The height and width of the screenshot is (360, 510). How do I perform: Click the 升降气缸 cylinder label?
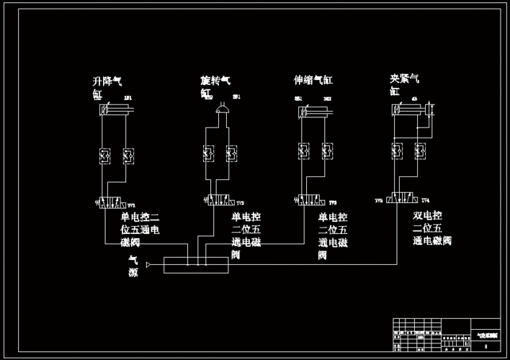point(107,87)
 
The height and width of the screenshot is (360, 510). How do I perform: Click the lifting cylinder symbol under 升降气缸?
point(115,110)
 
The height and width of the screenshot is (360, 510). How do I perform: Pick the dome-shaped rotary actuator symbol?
point(219,109)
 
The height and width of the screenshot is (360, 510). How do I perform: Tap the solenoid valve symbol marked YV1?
point(115,204)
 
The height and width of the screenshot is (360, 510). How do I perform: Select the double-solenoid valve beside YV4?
point(401,200)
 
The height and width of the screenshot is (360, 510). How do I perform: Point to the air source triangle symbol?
point(148,265)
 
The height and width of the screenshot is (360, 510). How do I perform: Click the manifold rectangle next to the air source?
point(196,265)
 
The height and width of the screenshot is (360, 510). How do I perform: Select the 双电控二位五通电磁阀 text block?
point(433,228)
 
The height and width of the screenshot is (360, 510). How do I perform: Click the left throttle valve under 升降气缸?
point(103,155)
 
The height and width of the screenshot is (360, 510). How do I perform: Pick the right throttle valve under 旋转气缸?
point(231,153)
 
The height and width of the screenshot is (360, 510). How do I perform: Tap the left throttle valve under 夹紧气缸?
point(396,151)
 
